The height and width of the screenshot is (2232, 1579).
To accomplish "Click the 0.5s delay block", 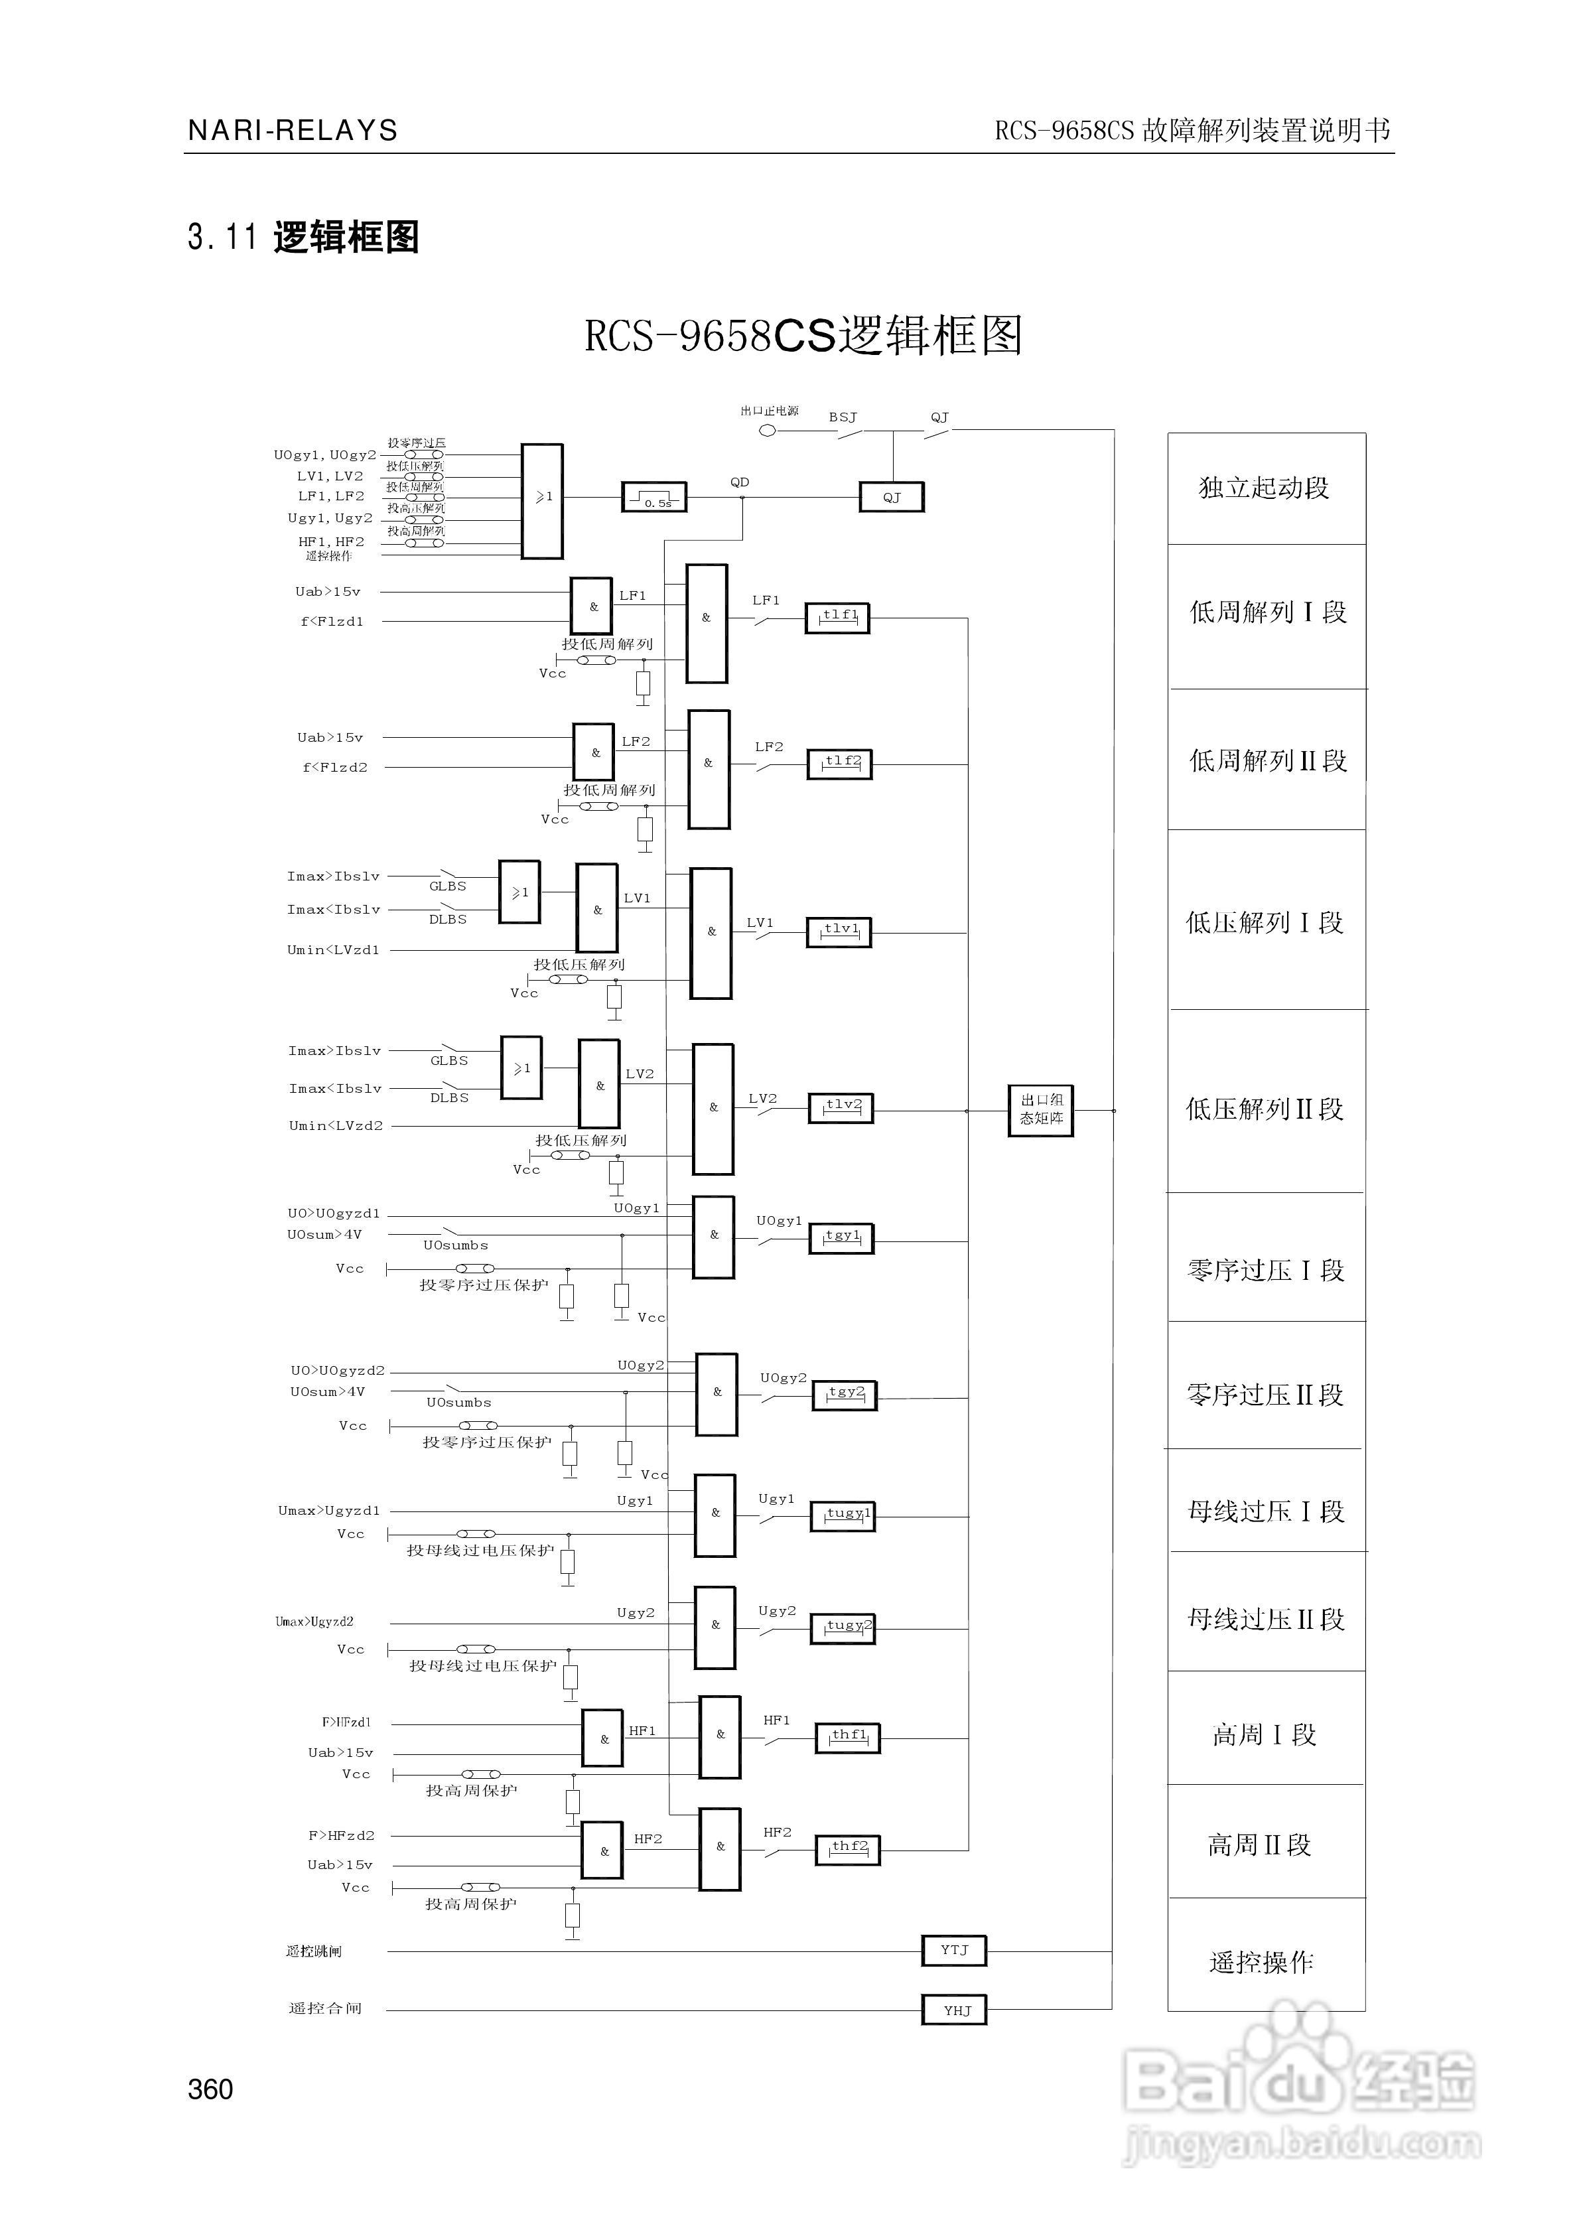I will [x=653, y=498].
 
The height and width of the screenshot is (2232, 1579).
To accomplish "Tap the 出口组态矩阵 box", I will [x=1040, y=1110].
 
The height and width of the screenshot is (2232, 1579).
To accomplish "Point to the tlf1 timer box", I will [x=837, y=617].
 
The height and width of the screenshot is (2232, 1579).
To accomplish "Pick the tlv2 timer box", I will [x=841, y=1107].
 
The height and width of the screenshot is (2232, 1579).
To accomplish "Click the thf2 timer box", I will [x=847, y=1849].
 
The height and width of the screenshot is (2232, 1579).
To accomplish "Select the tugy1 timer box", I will [x=843, y=1517].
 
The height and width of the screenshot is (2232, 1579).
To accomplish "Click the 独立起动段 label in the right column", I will [x=1264, y=488].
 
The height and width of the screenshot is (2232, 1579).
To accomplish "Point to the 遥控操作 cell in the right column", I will [x=1261, y=1963].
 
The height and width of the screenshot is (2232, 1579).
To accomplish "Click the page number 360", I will [x=210, y=2089].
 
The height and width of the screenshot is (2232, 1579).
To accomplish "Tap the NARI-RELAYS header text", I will [x=293, y=130].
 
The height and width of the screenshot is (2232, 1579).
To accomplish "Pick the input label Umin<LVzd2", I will [x=336, y=1126].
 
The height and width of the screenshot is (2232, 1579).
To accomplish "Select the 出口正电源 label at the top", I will [x=769, y=411].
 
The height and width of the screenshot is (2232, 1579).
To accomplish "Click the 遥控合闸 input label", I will [x=324, y=2008].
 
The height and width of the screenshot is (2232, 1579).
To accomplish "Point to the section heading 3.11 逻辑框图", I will [x=303, y=237].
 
